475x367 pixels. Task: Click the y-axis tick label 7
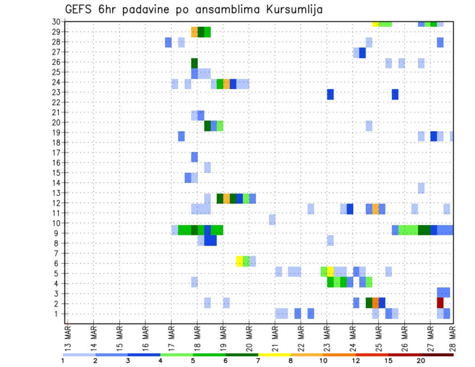58,253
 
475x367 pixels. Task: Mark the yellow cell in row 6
239,261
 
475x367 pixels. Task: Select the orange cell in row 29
194,32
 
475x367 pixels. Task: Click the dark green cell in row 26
194,63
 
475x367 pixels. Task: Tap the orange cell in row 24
227,84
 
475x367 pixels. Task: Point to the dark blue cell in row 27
362,52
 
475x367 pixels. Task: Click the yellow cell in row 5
330,272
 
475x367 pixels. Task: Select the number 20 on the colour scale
421,361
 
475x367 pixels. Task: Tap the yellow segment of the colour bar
275,355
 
